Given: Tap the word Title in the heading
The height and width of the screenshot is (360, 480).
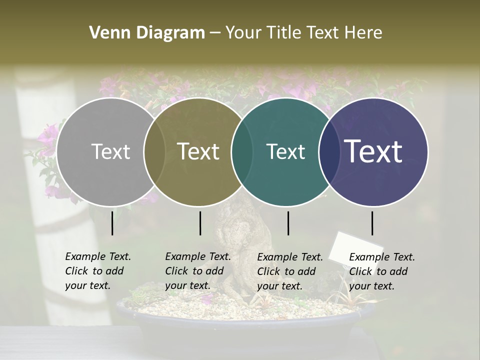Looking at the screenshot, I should pyautogui.click(x=282, y=33).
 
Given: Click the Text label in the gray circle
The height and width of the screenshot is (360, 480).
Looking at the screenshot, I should pyautogui.click(x=110, y=151).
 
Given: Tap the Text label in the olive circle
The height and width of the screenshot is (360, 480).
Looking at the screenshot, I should pyautogui.click(x=198, y=151).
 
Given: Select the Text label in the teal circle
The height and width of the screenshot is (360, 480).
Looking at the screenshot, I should pyautogui.click(x=285, y=151).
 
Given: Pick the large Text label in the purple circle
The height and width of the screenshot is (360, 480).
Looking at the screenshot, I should pyautogui.click(x=373, y=151).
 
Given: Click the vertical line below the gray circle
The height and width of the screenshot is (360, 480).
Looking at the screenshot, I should pyautogui.click(x=112, y=223).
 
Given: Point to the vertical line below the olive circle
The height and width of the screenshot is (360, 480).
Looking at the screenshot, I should pyautogui.click(x=200, y=223).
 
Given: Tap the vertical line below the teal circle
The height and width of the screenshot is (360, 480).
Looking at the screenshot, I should pyautogui.click(x=288, y=223).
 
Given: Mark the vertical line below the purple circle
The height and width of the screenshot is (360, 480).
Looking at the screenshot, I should pyautogui.click(x=372, y=223).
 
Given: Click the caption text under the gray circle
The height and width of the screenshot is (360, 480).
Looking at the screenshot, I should pyautogui.click(x=97, y=271).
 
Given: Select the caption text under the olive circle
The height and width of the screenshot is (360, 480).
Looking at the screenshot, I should pyautogui.click(x=197, y=271).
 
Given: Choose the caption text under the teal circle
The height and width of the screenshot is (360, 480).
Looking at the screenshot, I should pyautogui.click(x=289, y=271).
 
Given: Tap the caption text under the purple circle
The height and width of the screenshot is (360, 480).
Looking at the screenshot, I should pyautogui.click(x=381, y=271).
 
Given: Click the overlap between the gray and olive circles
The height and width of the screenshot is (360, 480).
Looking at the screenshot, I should pyautogui.click(x=154, y=151).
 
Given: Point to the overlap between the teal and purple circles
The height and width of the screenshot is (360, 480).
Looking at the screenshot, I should pyautogui.click(x=327, y=151).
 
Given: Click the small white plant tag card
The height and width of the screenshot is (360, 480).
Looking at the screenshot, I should pyautogui.click(x=355, y=246).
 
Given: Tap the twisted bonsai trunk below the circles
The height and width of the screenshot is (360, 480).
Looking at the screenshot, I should pyautogui.click(x=237, y=235).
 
